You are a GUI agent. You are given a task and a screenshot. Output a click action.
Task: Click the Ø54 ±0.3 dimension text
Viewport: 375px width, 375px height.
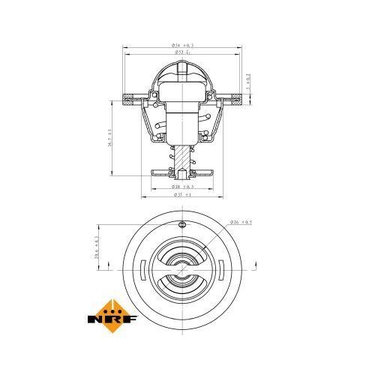183,46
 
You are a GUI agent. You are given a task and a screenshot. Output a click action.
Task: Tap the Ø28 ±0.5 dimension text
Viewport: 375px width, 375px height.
183,185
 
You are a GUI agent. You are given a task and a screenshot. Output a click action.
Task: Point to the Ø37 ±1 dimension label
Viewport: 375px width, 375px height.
182,195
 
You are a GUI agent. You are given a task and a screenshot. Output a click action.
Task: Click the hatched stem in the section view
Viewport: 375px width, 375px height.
182,157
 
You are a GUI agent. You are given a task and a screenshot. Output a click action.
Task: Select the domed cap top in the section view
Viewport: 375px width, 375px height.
182,67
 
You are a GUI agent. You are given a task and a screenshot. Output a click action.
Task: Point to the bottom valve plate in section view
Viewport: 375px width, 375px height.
182,173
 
